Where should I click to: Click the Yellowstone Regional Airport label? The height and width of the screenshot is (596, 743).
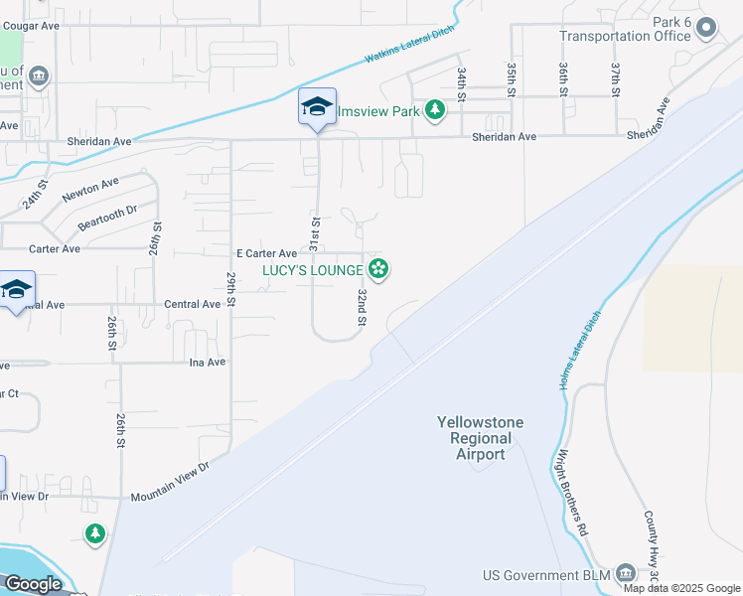(480, 438)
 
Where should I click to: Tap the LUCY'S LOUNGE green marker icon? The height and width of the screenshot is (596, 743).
(377, 269)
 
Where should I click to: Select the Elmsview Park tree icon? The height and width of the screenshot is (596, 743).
(434, 110)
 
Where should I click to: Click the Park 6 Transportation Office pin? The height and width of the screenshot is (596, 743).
(706, 28)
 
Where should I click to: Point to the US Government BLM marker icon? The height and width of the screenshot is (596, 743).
(626, 573)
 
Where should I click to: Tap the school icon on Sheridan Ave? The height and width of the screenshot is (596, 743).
(316, 107)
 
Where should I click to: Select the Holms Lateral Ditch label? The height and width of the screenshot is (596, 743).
(581, 348)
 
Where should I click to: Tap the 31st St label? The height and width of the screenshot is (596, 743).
(315, 233)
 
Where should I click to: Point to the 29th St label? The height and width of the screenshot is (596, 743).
(230, 288)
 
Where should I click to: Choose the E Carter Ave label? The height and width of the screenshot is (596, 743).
(266, 254)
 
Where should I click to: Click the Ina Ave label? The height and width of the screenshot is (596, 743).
(208, 363)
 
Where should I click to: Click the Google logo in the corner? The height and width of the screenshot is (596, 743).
(33, 584)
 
